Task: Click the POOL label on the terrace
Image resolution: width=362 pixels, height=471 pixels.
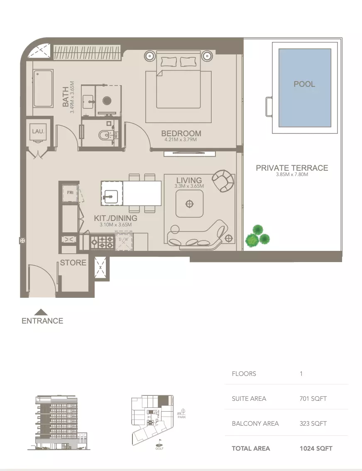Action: tap(304, 84)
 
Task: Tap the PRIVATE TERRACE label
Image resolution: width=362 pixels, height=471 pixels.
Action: tap(292, 168)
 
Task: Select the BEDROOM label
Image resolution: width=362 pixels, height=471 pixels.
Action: tap(181, 133)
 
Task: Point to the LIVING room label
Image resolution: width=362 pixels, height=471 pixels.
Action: tap(189, 180)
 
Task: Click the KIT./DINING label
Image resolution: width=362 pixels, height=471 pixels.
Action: tap(115, 218)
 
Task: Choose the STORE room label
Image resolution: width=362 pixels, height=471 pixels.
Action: tap(73, 262)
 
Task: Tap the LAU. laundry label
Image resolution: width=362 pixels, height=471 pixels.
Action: tap(38, 131)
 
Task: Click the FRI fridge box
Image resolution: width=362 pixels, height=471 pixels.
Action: tap(70, 193)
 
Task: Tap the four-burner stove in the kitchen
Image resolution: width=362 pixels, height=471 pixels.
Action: tap(102, 242)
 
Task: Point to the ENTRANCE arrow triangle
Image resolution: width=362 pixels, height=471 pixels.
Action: tap(41, 312)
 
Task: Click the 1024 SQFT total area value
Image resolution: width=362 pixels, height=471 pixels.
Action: tap(316, 448)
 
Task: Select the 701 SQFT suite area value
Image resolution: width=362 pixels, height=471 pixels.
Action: tap(313, 399)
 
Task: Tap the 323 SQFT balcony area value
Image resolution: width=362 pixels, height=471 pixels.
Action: tap(313, 424)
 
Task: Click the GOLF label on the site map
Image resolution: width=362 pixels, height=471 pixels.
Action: tap(159, 448)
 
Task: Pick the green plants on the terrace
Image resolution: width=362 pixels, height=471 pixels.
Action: tap(257, 236)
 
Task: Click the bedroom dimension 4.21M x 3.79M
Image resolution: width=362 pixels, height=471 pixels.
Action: tap(181, 140)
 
